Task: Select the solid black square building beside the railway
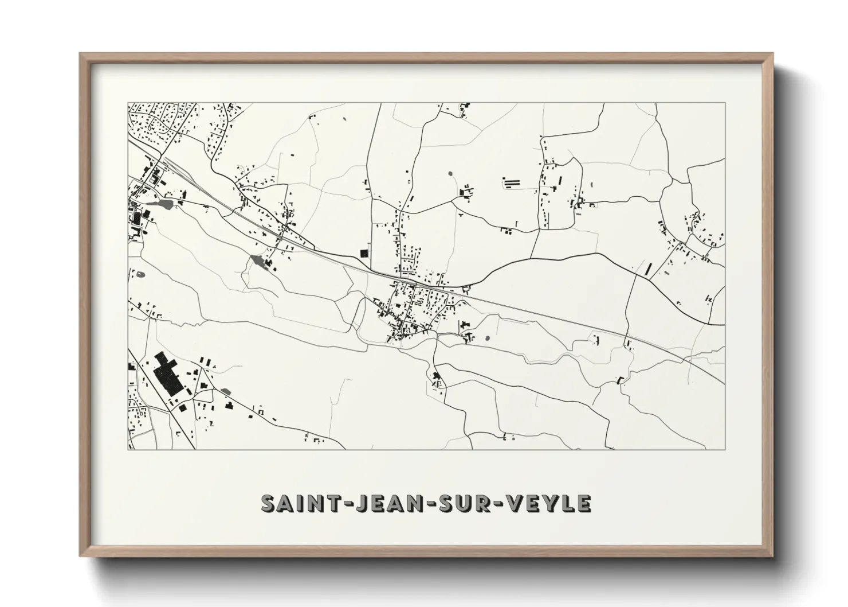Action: tap(362, 252)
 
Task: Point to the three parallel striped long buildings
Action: tap(511, 183)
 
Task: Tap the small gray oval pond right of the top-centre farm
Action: tap(449, 173)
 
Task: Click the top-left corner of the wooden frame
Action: tap(81, 54)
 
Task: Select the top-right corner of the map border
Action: tap(725, 103)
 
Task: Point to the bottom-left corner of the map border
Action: tap(128, 449)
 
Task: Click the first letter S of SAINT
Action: tap(268, 503)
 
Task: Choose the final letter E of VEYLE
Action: tap(584, 503)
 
